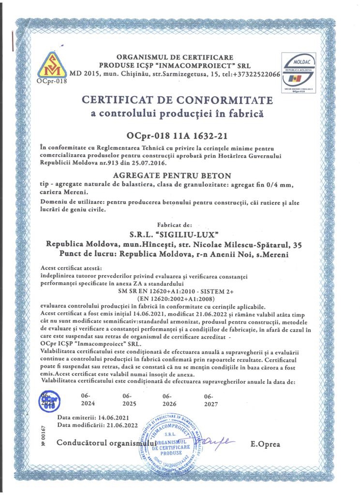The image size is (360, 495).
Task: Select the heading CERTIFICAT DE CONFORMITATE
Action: pyautogui.click(x=177, y=100)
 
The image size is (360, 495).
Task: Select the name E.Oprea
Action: pyautogui.click(x=265, y=444)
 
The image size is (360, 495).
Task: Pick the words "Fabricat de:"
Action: pyautogui.click(x=175, y=225)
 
